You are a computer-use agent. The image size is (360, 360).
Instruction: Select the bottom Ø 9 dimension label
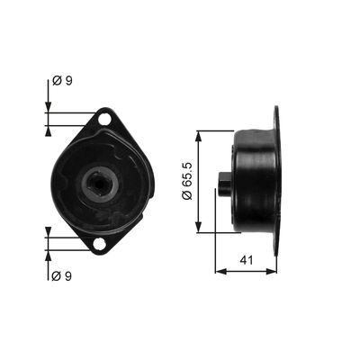point(62,274)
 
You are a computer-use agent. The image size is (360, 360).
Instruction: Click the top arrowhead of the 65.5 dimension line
point(198,133)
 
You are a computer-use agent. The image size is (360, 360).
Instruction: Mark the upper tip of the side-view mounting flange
point(275,111)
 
